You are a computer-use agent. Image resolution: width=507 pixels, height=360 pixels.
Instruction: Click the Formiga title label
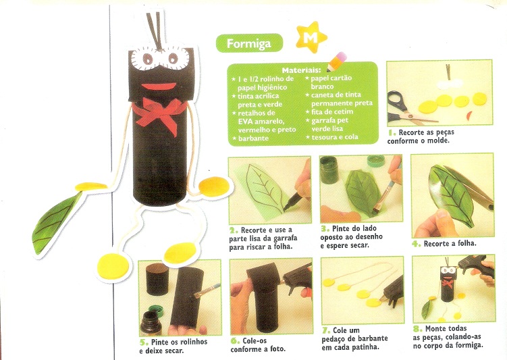pos(249,43)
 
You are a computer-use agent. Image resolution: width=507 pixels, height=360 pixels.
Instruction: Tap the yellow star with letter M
pos(311,37)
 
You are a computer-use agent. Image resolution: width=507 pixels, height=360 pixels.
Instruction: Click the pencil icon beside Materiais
pos(337,61)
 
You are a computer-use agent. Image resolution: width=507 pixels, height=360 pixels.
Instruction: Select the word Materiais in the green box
pos(301,70)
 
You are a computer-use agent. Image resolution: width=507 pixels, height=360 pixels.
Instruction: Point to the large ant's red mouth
pos(159,86)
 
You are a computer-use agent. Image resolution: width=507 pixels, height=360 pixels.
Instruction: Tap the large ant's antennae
pos(155,30)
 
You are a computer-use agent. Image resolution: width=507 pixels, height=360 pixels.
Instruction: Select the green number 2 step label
pos(234,230)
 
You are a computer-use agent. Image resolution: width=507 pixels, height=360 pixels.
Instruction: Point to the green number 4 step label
pos(417,243)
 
